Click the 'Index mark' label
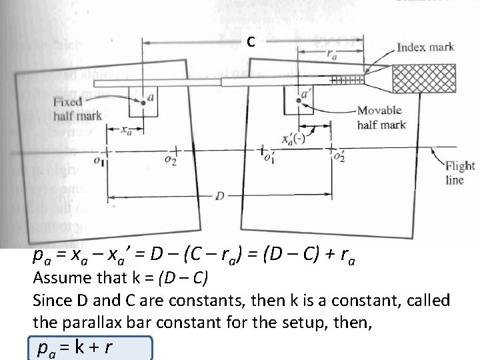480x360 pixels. click(425, 47)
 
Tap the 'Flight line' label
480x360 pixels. click(459, 173)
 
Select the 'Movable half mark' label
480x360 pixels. click(381, 117)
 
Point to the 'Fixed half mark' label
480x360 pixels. click(77, 109)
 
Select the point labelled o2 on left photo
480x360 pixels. click(175, 152)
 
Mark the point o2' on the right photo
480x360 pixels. click(331, 150)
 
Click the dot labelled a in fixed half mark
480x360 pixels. click(143, 103)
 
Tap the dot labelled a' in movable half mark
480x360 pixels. click(297, 101)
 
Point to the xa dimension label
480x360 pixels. click(125, 131)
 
